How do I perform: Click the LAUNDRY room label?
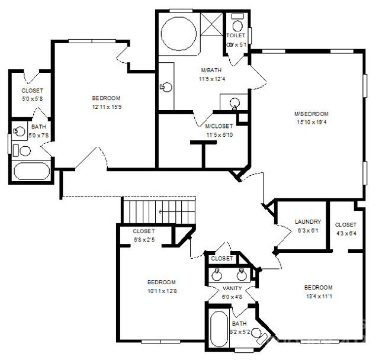(x=308, y=222)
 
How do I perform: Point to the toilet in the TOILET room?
(x=237, y=25)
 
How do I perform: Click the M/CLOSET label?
(x=219, y=126)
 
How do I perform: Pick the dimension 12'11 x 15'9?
(x=107, y=107)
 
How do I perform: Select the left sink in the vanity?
(x=217, y=274)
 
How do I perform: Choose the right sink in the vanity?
(x=242, y=274)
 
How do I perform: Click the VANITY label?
(x=232, y=288)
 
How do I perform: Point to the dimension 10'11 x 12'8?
(x=161, y=290)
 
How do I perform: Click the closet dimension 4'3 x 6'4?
(x=345, y=233)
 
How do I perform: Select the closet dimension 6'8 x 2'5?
(x=144, y=239)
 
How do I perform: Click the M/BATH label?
(x=211, y=70)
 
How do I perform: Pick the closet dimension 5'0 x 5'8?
(x=32, y=99)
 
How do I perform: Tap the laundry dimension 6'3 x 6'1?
(x=308, y=230)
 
